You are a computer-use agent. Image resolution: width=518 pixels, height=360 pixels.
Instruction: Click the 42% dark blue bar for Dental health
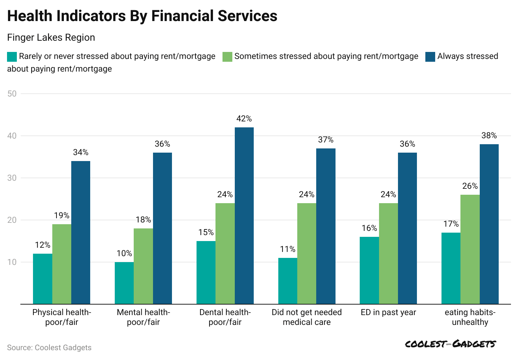click(x=244, y=215)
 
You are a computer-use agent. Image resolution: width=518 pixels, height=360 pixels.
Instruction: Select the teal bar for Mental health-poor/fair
click(x=124, y=283)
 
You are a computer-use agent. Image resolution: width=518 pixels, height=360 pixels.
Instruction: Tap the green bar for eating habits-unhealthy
click(x=470, y=249)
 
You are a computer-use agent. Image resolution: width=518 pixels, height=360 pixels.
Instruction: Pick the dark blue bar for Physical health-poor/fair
click(x=81, y=232)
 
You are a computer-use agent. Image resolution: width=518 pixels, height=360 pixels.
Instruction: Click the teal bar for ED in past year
click(x=369, y=270)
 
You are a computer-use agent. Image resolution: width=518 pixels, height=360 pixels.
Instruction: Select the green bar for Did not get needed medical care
click(x=307, y=253)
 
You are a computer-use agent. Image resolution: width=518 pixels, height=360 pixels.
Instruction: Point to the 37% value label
click(x=326, y=140)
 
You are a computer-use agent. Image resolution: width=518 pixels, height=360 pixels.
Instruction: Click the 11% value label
click(x=288, y=249)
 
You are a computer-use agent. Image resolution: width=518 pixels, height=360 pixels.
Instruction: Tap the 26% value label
click(x=470, y=186)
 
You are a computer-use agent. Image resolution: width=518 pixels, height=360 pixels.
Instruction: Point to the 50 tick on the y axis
click(x=12, y=94)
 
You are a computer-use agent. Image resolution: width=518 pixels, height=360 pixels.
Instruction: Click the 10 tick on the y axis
click(x=12, y=262)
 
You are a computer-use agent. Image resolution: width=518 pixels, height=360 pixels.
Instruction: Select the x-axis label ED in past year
click(x=388, y=312)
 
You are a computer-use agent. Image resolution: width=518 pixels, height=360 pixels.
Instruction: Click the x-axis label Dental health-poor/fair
click(x=225, y=317)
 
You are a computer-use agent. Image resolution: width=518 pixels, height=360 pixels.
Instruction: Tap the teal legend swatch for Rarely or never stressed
click(x=12, y=56)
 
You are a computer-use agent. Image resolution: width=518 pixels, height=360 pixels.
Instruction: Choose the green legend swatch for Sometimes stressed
click(x=227, y=56)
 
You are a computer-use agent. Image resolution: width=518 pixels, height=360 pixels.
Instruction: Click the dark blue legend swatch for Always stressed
click(x=430, y=56)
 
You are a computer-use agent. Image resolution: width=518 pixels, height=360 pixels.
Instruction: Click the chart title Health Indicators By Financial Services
click(x=142, y=16)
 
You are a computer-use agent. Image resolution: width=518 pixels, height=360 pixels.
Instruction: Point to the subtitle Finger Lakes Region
click(x=51, y=38)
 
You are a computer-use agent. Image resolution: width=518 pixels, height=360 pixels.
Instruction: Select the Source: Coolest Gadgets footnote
click(x=49, y=347)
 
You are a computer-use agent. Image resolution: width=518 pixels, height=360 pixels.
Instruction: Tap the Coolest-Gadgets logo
click(x=451, y=344)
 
